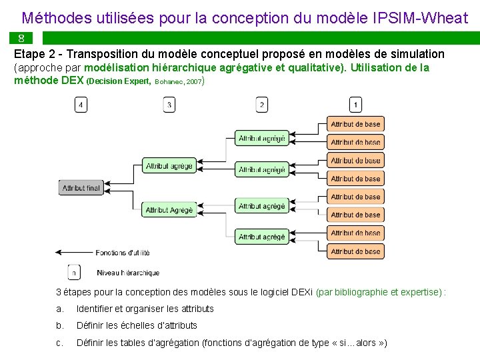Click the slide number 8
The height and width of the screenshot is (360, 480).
[21, 38]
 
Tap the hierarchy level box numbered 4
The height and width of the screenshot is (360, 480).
[81, 105]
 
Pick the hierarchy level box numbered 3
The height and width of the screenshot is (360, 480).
[169, 105]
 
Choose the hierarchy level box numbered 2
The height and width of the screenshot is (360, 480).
[262, 105]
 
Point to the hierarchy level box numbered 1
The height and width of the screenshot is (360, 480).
[355, 105]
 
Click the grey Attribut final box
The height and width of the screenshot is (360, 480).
[81, 188]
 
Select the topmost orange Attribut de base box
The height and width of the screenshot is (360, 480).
[355, 124]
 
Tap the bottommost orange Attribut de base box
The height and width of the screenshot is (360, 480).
[355, 251]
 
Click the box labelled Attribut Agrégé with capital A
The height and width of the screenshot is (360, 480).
[169, 210]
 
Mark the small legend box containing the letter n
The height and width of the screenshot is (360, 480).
[75, 272]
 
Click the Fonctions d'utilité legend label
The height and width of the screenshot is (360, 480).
[123, 253]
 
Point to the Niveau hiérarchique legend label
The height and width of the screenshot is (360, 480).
[128, 273]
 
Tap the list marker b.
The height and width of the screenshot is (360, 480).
[60, 325]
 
